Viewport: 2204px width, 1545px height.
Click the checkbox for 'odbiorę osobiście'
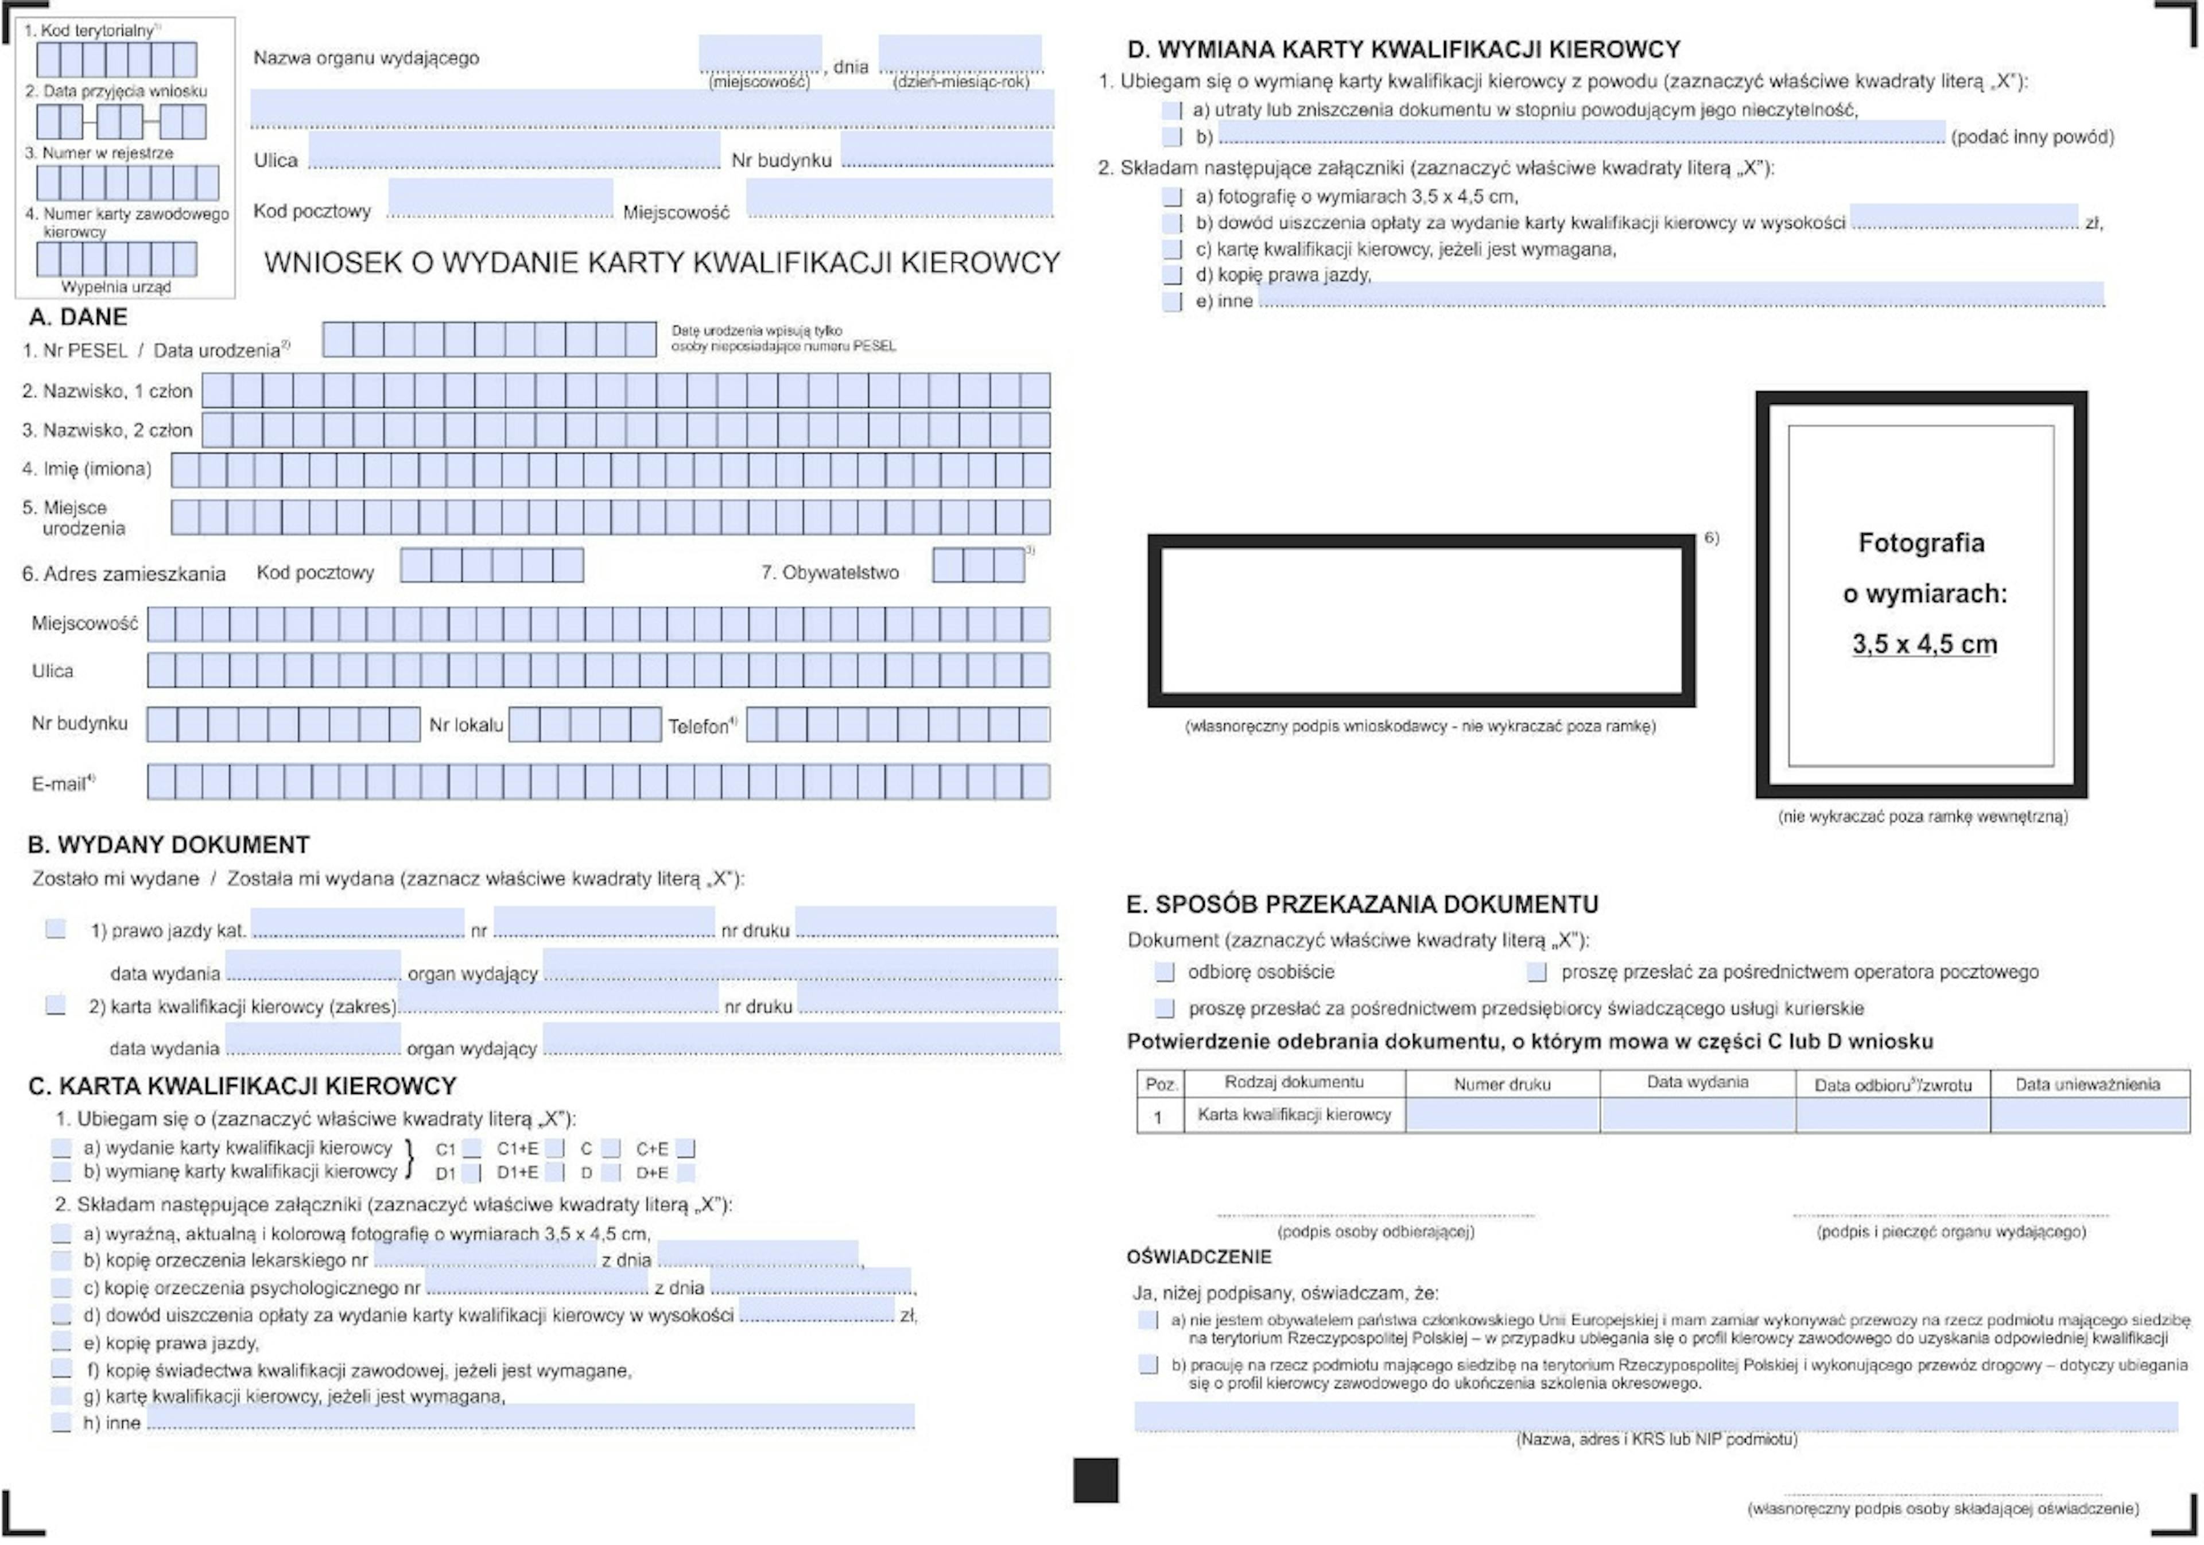pyautogui.click(x=1165, y=972)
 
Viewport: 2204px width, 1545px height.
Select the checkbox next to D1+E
pyautogui.click(x=555, y=1172)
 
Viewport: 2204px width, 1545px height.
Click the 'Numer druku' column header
pyautogui.click(x=1501, y=1084)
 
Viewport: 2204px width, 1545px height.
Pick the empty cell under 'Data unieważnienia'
pyautogui.click(x=2090, y=1115)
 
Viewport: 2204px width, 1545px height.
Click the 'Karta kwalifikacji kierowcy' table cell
pyautogui.click(x=1294, y=1115)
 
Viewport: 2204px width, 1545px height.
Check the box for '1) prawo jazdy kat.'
pyautogui.click(x=56, y=929)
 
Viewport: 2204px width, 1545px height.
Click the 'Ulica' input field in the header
pyautogui.click(x=514, y=151)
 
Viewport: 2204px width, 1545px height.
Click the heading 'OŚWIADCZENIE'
pyautogui.click(x=1199, y=1257)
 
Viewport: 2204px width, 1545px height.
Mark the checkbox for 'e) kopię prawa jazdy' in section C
pyautogui.click(x=61, y=1342)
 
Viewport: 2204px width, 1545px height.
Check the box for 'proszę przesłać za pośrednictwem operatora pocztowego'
pyautogui.click(x=1537, y=972)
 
